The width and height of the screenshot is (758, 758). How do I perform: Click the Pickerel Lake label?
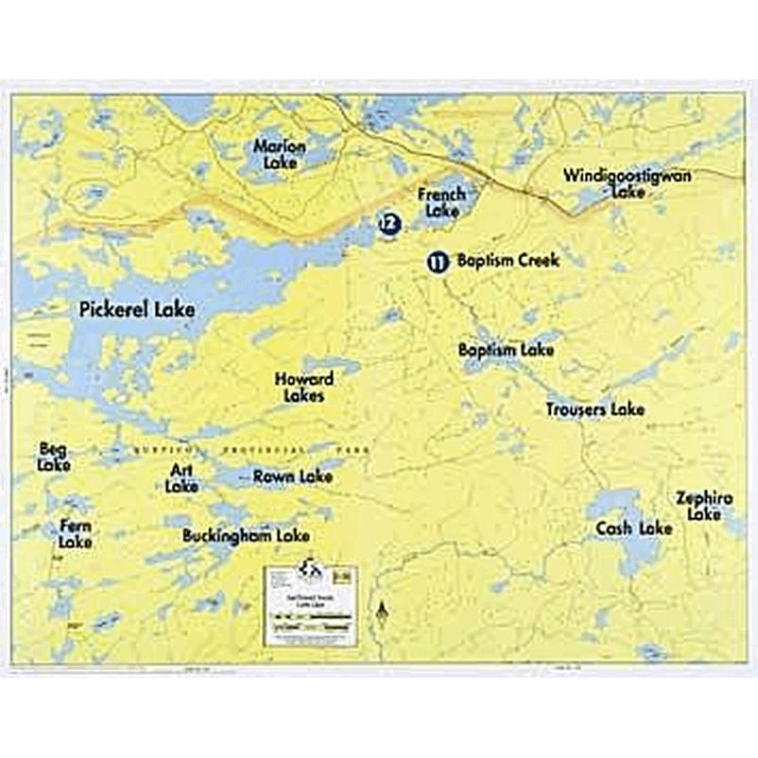click(137, 309)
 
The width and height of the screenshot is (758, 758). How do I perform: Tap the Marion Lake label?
click(280, 154)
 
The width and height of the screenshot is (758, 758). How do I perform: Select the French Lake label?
click(441, 202)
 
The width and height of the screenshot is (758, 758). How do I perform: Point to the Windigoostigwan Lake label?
click(628, 182)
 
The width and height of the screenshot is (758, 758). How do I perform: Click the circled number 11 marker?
click(438, 262)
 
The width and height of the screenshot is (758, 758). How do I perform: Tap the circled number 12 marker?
click(388, 223)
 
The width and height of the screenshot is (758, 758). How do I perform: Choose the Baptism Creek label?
click(508, 260)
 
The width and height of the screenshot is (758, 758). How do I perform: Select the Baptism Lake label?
click(506, 350)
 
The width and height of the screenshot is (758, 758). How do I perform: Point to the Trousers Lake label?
click(595, 409)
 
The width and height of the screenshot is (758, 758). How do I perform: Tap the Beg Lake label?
click(53, 457)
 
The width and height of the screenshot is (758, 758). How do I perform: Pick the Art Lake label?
click(181, 478)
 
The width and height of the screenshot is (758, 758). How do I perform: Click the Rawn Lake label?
click(293, 477)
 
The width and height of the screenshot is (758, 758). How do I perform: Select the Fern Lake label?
click(76, 534)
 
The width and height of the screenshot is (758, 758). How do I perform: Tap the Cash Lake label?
click(634, 528)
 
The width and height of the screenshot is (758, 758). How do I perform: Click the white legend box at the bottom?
click(311, 604)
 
